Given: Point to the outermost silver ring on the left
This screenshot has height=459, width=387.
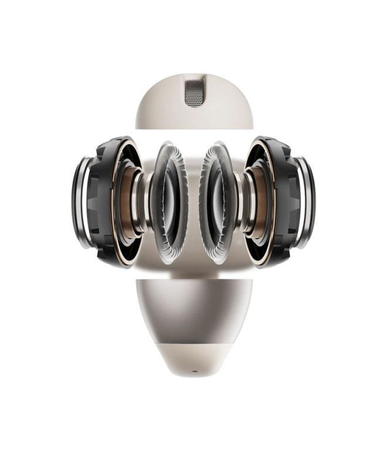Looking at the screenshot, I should [80, 202].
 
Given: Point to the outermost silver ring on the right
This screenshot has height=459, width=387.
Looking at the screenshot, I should [306, 202].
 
